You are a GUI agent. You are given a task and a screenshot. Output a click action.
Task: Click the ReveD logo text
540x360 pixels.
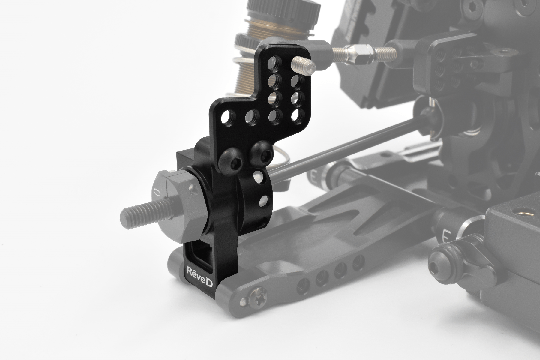click(x=199, y=277)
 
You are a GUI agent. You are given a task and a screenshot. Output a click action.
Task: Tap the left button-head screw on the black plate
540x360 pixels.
click(x=231, y=161)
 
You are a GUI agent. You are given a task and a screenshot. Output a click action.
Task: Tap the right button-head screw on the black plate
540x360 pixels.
click(x=262, y=153)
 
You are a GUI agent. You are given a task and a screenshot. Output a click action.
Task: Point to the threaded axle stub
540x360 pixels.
click(x=146, y=213)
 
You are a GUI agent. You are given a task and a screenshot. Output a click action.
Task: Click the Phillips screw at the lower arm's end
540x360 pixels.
click(x=258, y=297)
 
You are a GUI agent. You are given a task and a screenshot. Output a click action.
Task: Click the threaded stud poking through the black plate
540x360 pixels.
click(x=303, y=65)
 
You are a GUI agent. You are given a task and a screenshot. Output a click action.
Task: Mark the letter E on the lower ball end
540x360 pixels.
click(x=446, y=238)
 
